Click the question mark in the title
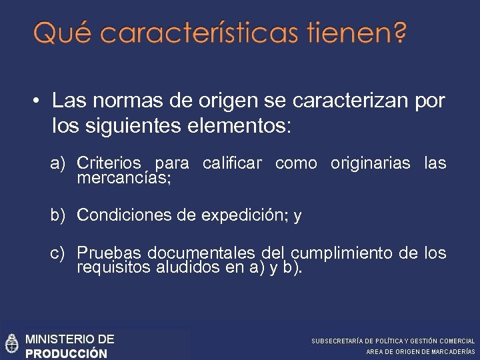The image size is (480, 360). pos(399,32)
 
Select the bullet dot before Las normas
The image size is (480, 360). pos(37,101)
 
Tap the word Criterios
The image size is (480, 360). pos(109,163)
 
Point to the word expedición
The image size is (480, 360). pos(243,215)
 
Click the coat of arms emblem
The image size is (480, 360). pos(11,344)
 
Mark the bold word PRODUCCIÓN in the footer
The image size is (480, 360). pos(66,353)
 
